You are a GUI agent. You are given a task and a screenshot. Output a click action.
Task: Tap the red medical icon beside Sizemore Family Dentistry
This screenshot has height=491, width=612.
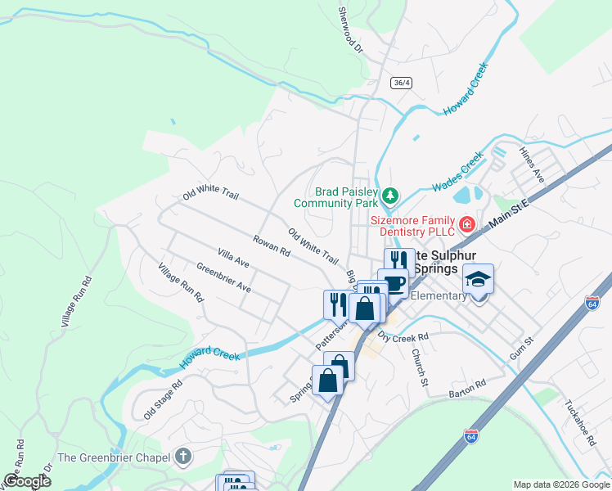click(466, 223)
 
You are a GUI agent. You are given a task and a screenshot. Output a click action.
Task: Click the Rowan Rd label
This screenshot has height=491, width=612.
click(272, 247)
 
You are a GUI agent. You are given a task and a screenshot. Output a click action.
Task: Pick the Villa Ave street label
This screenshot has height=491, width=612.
click(233, 259)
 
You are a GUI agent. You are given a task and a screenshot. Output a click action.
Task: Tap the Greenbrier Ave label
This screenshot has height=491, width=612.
click(223, 278)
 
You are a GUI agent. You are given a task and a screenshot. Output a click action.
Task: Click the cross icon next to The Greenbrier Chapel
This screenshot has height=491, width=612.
click(184, 457)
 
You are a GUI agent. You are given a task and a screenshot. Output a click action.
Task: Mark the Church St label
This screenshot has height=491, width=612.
click(420, 367)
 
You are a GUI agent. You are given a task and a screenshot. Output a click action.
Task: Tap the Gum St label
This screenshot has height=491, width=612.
click(521, 345)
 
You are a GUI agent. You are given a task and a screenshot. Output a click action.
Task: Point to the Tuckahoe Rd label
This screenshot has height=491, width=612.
click(580, 423)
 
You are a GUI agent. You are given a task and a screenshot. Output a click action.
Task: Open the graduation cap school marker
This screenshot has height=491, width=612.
click(479, 281)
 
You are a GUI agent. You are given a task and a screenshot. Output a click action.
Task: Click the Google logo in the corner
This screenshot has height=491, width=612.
click(27, 481)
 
